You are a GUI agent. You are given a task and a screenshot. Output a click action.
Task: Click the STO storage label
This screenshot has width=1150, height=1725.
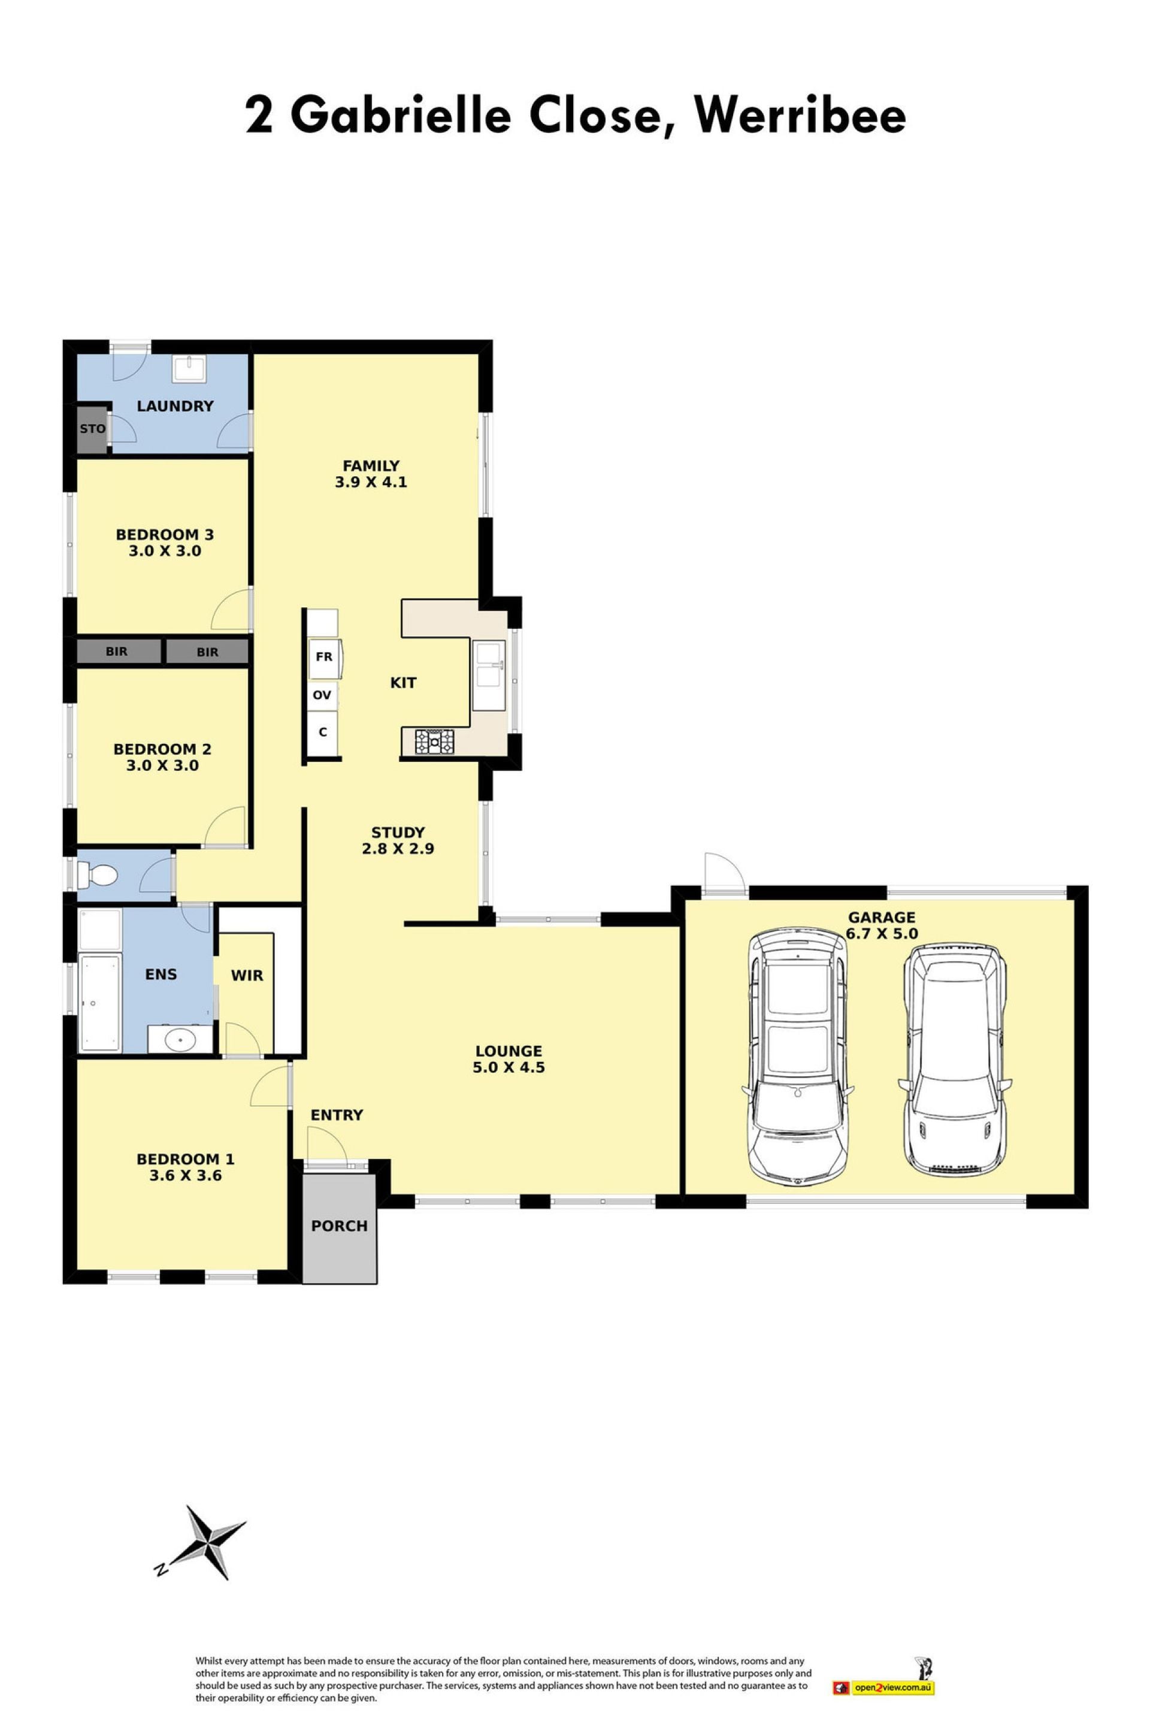point(92,428)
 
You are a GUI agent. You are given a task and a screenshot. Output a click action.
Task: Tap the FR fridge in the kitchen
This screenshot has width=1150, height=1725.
point(324,656)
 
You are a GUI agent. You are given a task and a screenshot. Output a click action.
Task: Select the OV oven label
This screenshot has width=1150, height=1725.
point(322,695)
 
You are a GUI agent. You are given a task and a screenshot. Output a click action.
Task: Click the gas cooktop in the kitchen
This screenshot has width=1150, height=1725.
point(435,742)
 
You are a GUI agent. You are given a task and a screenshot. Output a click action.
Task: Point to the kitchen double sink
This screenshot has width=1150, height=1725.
point(489,676)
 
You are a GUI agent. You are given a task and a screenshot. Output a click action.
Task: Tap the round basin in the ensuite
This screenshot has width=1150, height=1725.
point(180,1039)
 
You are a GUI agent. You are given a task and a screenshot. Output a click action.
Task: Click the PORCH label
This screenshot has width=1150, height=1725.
point(339,1225)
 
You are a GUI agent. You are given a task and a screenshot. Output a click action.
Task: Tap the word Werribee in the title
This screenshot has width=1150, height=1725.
point(800,115)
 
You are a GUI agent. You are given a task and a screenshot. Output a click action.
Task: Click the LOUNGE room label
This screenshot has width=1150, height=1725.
point(509,1051)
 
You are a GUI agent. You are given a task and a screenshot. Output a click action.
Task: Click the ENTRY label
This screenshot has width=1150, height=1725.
point(337,1115)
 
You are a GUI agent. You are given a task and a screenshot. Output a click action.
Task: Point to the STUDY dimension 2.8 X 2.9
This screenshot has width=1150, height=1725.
point(398,849)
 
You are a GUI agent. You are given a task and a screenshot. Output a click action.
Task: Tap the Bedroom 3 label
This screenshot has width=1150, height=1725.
point(165,535)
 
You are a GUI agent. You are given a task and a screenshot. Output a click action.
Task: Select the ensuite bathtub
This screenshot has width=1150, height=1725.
point(99,1003)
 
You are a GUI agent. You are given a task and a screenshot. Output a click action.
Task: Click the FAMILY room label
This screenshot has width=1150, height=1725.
point(371,466)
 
